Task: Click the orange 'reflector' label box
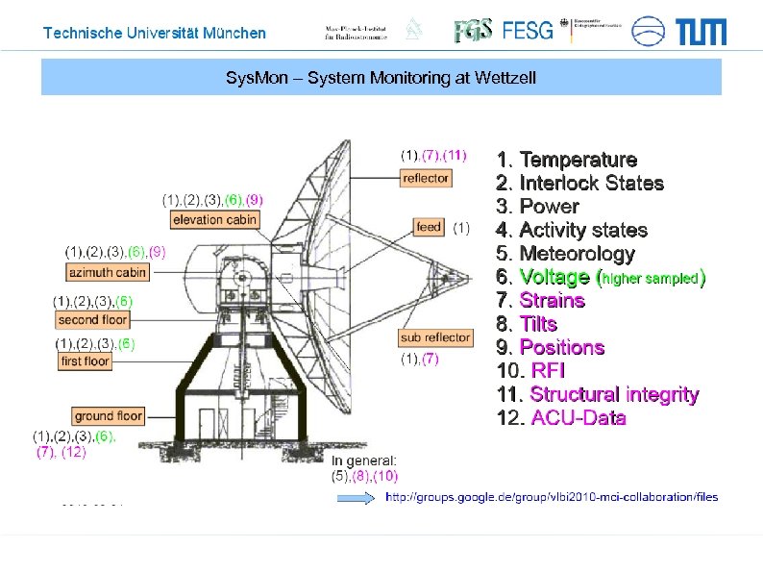[x=426, y=178]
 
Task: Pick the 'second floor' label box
[x=92, y=319]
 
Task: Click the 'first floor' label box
[x=85, y=361]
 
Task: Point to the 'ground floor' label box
[x=108, y=416]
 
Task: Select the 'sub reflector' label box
[x=435, y=337]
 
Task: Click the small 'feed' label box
[x=429, y=227]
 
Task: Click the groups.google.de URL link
[x=552, y=497]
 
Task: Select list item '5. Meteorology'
[x=565, y=254]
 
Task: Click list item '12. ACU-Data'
[x=561, y=418]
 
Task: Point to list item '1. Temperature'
[x=566, y=160]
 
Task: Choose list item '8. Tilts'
[x=527, y=324]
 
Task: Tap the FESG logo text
[x=529, y=31]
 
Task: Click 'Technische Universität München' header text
[x=155, y=33]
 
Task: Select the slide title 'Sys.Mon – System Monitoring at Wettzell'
[x=381, y=77]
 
